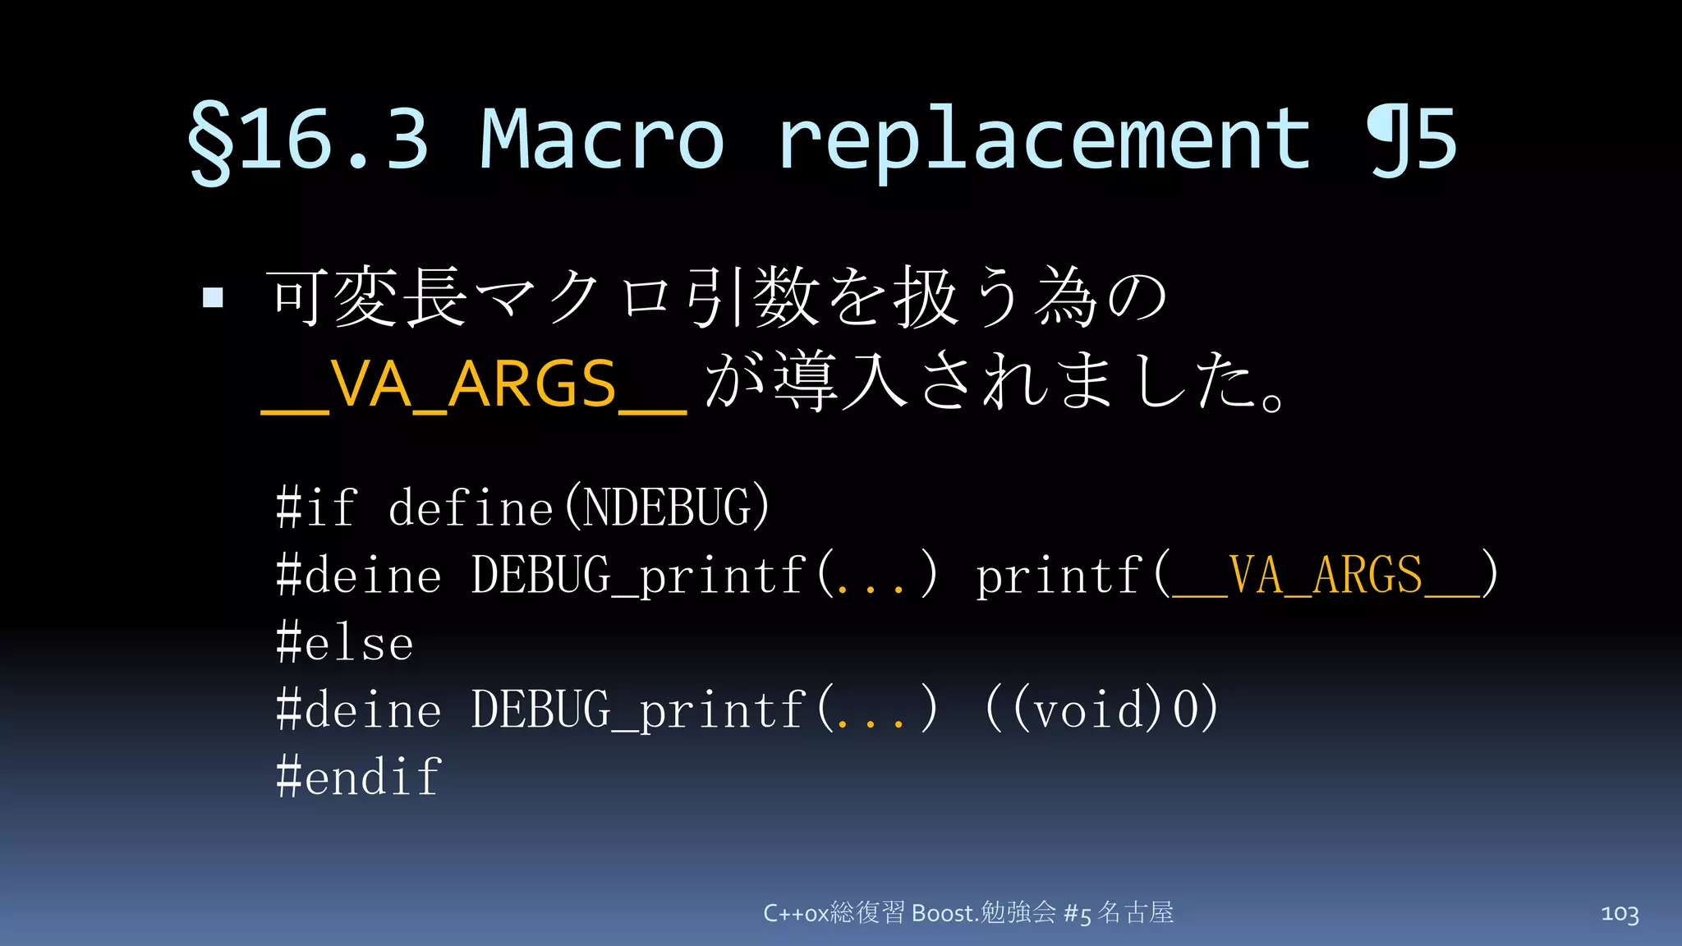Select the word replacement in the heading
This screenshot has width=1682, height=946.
click(1044, 140)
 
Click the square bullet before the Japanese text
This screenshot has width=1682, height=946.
click(213, 297)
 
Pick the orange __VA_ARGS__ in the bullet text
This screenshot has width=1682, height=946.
click(473, 384)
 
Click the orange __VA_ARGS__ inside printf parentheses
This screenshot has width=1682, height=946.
click(1325, 575)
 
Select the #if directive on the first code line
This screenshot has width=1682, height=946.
click(317, 507)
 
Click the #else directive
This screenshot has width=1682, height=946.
click(345, 642)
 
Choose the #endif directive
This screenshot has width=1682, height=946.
click(360, 777)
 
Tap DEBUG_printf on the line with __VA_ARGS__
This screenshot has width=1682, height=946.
click(637, 575)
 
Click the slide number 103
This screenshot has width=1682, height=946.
click(1620, 913)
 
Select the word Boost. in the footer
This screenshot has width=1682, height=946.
click(945, 913)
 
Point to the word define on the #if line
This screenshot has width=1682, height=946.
click(470, 507)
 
